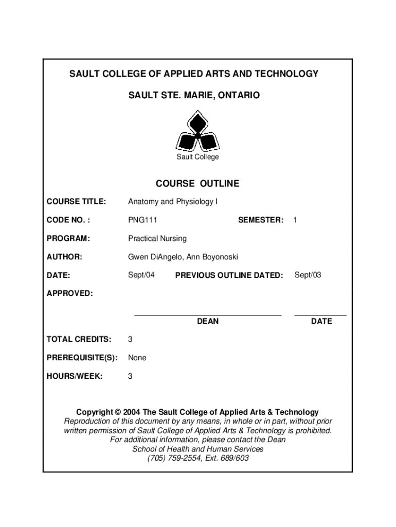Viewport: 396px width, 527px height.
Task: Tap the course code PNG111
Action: [x=142, y=220]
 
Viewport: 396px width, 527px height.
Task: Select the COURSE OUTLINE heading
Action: [x=197, y=184]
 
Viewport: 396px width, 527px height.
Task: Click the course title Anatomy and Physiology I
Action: [x=173, y=202]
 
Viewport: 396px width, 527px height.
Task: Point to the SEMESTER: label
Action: [x=260, y=220]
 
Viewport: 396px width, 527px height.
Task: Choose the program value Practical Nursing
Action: [x=157, y=239]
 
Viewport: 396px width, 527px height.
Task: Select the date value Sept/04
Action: [x=141, y=275]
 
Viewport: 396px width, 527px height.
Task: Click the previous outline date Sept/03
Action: [x=308, y=275]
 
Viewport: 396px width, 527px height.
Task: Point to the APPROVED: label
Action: [x=70, y=293]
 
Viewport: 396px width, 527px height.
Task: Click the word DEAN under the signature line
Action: [x=208, y=321]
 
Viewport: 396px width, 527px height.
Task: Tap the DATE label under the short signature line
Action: [x=321, y=321]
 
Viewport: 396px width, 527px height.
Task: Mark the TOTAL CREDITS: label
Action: [x=79, y=339]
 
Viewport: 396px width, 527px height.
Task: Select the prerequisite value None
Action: [x=137, y=358]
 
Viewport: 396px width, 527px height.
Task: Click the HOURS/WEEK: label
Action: [x=75, y=376]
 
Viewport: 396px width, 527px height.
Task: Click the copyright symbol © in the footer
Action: [x=118, y=412]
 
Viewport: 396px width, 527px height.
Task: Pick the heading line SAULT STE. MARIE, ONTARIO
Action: [x=194, y=96]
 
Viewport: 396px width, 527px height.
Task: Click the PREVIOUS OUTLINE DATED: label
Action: [x=229, y=275]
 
